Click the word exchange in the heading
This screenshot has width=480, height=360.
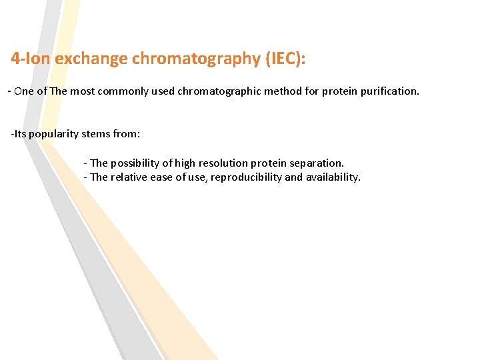tap(91, 59)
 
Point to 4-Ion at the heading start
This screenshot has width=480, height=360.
tap(31, 59)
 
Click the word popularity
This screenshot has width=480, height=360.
tap(53, 134)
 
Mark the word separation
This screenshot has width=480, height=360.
tap(317, 163)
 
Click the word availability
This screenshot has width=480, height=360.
tap(333, 177)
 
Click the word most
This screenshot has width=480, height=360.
tap(82, 91)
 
